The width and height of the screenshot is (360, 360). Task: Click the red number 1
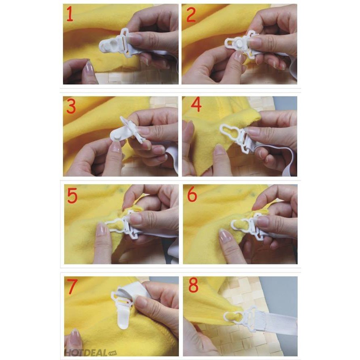[x=70, y=14]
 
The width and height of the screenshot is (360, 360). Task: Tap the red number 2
[x=191, y=14]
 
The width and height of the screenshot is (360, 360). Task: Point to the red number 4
[x=196, y=105]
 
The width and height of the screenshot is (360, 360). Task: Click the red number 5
[x=72, y=195]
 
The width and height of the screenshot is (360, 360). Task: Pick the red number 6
[x=192, y=194]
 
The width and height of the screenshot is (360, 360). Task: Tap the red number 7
[x=73, y=287]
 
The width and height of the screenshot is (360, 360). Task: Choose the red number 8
[x=193, y=285]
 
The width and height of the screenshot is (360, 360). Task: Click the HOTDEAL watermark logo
[x=90, y=352]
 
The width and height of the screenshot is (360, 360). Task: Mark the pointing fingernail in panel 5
[x=101, y=229]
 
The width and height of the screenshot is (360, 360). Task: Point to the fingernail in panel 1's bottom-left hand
[x=89, y=67]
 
